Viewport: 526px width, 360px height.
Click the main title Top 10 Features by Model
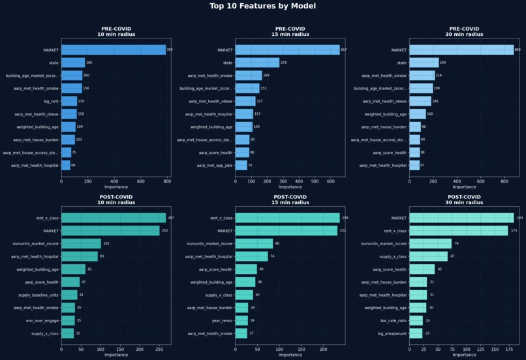[263, 7]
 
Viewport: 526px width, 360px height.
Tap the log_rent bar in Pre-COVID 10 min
[69, 101]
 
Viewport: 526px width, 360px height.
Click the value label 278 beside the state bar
[284, 63]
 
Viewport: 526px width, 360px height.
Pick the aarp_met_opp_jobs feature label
[215, 166]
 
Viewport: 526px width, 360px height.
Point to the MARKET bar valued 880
[461, 50]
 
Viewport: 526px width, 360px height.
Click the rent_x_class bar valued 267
[114, 218]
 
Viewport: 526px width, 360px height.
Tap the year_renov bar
[241, 321]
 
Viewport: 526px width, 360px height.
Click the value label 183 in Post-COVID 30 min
[519, 218]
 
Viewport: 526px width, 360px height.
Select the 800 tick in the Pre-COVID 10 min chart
[167, 181]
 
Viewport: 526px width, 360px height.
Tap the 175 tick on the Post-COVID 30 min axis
[508, 349]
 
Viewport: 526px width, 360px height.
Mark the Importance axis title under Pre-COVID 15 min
[290, 187]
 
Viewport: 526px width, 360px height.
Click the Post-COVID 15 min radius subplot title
[290, 202]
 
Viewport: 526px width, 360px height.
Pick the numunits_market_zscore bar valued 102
[81, 243]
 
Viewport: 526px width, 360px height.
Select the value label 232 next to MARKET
[343, 231]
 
